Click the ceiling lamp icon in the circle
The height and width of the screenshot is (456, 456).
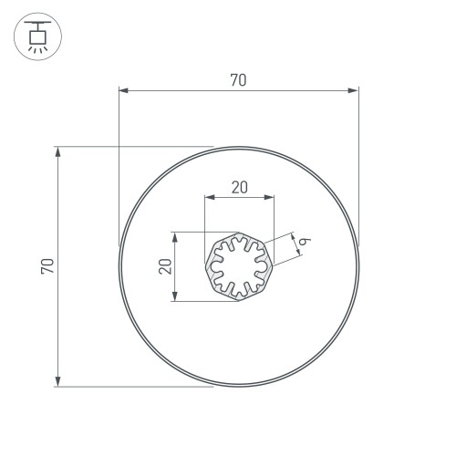(37, 37)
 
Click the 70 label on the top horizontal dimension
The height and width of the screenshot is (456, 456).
(238, 80)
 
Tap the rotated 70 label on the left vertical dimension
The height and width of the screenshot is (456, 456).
(48, 265)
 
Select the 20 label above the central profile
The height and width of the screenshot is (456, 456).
(239, 187)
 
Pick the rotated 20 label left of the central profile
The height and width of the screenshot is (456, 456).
(165, 265)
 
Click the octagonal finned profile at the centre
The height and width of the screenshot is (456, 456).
(239, 265)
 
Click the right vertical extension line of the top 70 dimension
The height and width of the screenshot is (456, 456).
(358, 164)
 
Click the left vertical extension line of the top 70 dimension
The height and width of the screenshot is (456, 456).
(119, 164)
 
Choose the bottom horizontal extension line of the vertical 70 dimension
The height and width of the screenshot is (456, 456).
(137, 387)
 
